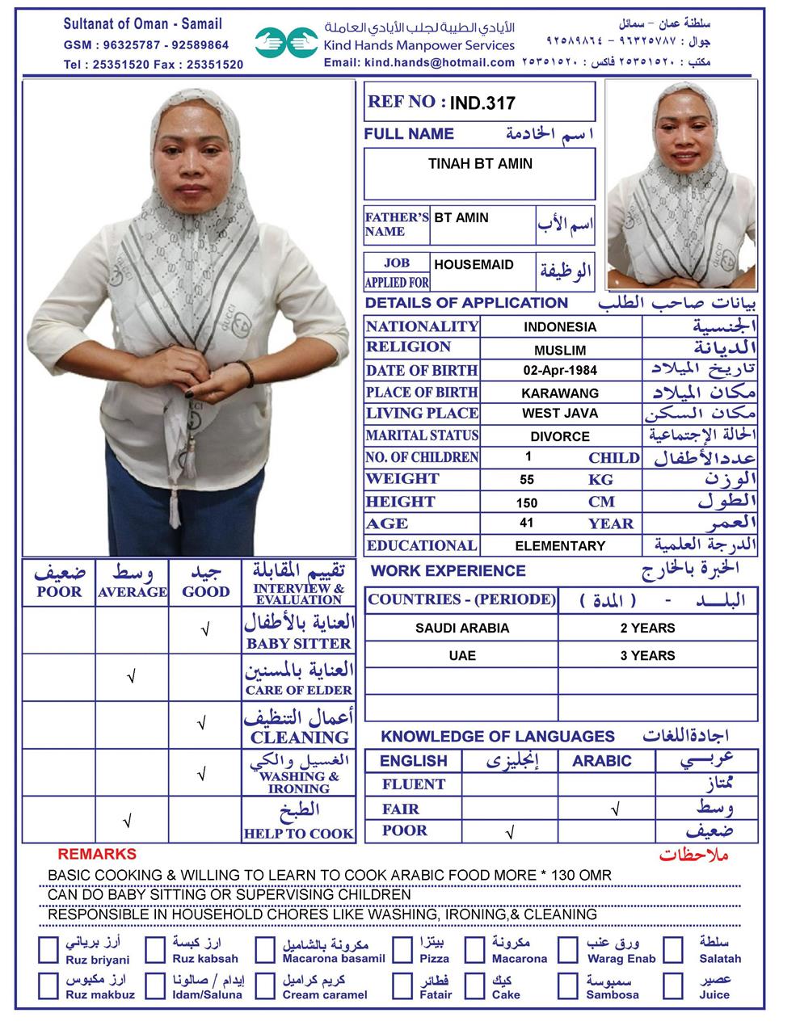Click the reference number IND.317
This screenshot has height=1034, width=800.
click(482, 103)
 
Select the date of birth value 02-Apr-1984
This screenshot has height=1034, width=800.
click(559, 371)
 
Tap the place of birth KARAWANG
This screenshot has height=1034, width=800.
click(559, 393)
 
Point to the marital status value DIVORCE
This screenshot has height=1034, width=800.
click(559, 436)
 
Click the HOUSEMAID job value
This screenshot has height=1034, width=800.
click(474, 265)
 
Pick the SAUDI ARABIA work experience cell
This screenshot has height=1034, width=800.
click(462, 628)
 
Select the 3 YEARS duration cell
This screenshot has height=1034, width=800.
click(647, 656)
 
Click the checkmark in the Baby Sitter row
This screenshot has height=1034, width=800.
click(205, 629)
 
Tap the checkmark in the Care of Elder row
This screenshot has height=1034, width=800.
click(131, 677)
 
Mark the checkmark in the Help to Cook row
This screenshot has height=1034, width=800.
click(127, 822)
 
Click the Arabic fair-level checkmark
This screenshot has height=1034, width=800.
click(616, 808)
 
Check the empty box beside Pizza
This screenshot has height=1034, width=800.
click(402, 950)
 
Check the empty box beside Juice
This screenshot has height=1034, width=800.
click(674, 986)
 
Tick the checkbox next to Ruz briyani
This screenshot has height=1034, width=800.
click(48, 950)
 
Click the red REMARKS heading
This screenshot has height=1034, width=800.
click(97, 854)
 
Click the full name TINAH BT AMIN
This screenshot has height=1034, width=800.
click(480, 164)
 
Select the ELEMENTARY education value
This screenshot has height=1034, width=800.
click(559, 546)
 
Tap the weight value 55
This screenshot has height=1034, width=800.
click(527, 480)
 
